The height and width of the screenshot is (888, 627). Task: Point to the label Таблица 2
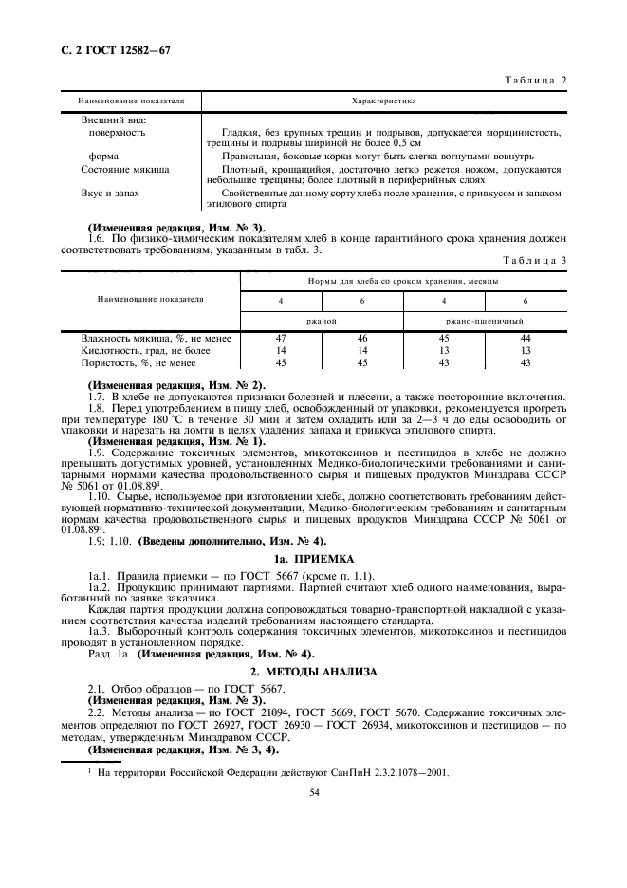pyautogui.click(x=534, y=80)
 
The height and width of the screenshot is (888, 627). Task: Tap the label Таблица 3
pyautogui.click(x=535, y=258)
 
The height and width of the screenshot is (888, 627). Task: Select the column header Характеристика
pyautogui.click(x=384, y=100)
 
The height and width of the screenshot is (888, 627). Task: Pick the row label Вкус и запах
pyautogui.click(x=111, y=193)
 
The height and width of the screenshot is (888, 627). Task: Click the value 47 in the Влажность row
pyautogui.click(x=282, y=338)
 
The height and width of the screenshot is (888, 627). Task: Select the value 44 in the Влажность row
pyautogui.click(x=526, y=338)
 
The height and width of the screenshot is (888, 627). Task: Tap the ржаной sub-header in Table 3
pyautogui.click(x=323, y=321)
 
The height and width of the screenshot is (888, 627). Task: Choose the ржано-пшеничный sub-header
pyautogui.click(x=485, y=321)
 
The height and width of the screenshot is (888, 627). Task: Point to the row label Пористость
pyautogui.click(x=139, y=362)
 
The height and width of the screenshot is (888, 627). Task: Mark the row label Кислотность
pyautogui.click(x=139, y=350)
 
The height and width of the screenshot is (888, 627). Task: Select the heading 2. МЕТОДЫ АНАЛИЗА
pyautogui.click(x=313, y=671)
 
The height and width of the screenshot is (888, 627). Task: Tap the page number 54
pyautogui.click(x=313, y=792)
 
